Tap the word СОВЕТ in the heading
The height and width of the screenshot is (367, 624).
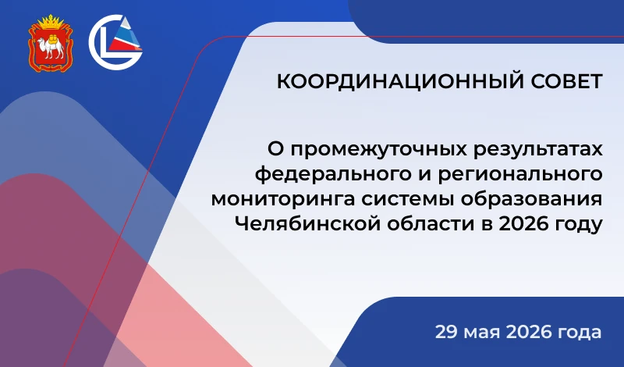(x=567, y=81)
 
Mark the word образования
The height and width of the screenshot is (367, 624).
(x=532, y=198)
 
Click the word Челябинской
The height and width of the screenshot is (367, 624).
(x=307, y=223)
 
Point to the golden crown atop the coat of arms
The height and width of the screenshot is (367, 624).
(x=51, y=21)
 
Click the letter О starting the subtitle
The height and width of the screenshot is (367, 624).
(x=276, y=150)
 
